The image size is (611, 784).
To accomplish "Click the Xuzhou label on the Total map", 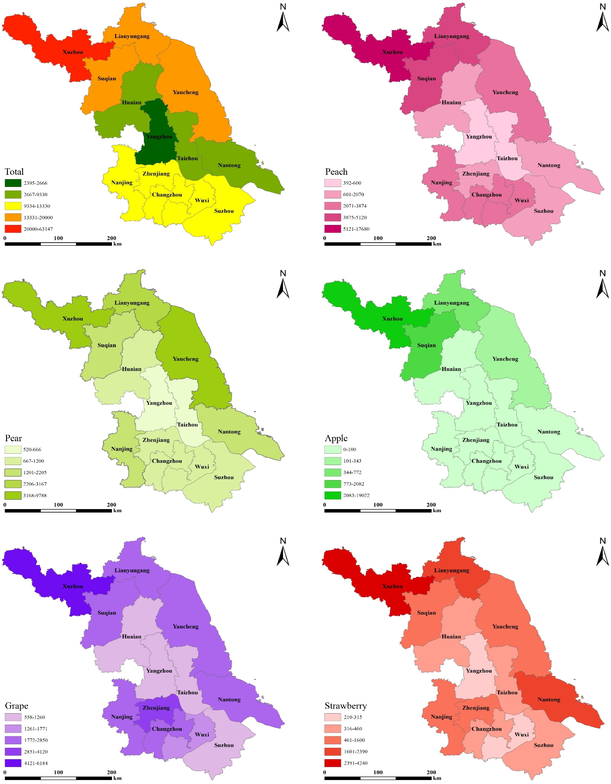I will click(73, 52).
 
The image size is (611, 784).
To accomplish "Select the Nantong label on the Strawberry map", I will click(549, 700).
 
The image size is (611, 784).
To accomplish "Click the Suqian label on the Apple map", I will click(426, 345).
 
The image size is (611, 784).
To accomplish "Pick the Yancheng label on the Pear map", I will click(185, 359).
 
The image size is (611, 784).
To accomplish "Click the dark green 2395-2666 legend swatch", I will click(13, 183).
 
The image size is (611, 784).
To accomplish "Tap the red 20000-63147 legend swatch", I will click(13, 229).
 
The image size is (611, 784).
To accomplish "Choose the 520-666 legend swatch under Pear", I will click(13, 450).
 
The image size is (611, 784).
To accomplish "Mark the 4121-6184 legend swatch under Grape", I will click(13, 763).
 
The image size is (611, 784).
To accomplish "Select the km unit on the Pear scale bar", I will click(117, 511).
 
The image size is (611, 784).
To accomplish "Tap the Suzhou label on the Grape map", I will click(224, 745).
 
